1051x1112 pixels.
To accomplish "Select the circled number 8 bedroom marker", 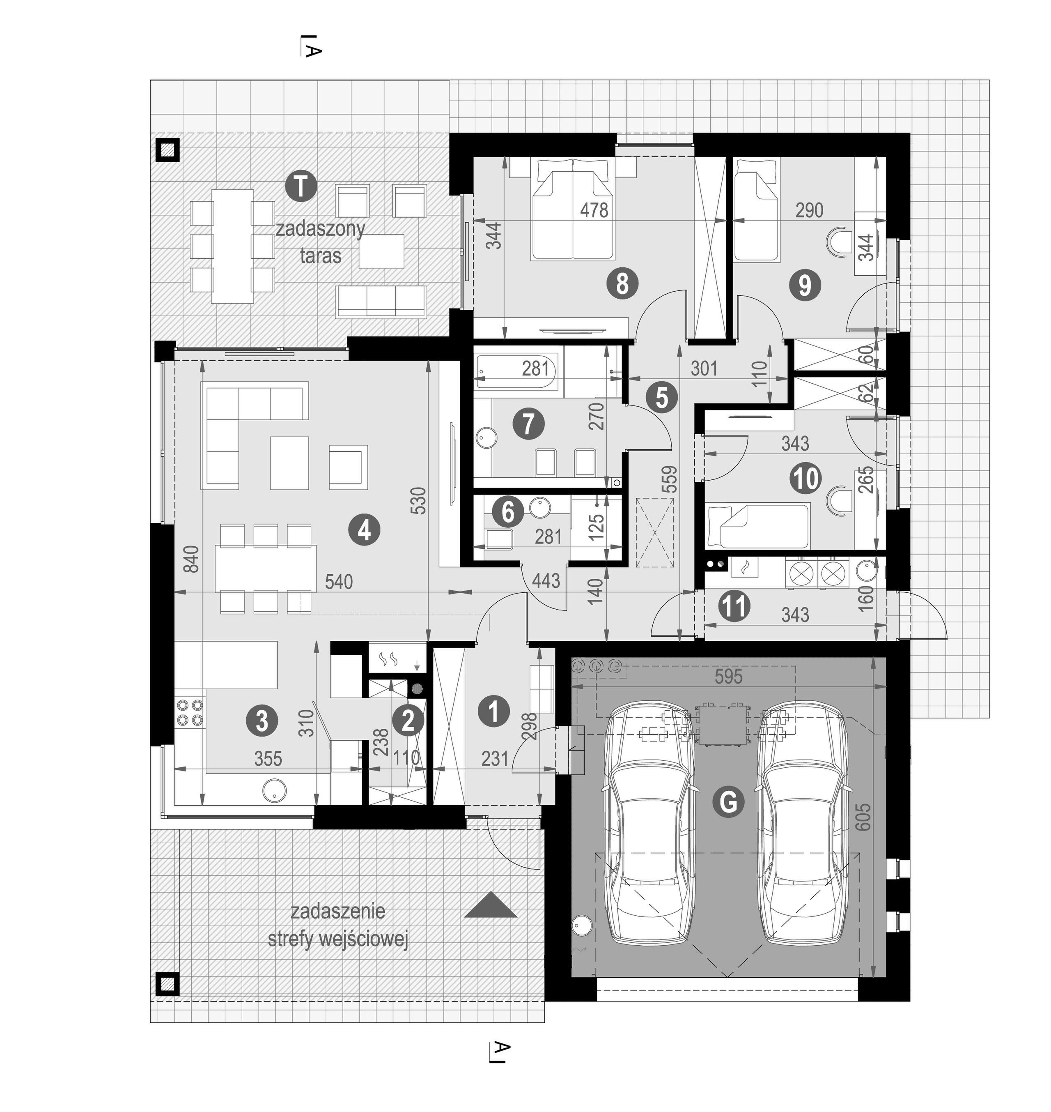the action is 622,284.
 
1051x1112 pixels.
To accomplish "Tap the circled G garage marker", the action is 728,803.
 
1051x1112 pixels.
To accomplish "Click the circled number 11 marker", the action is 734,606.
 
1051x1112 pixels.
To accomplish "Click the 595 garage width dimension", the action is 728,677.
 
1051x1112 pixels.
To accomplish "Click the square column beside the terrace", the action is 167,150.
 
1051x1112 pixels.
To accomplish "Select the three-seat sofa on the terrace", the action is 381,301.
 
